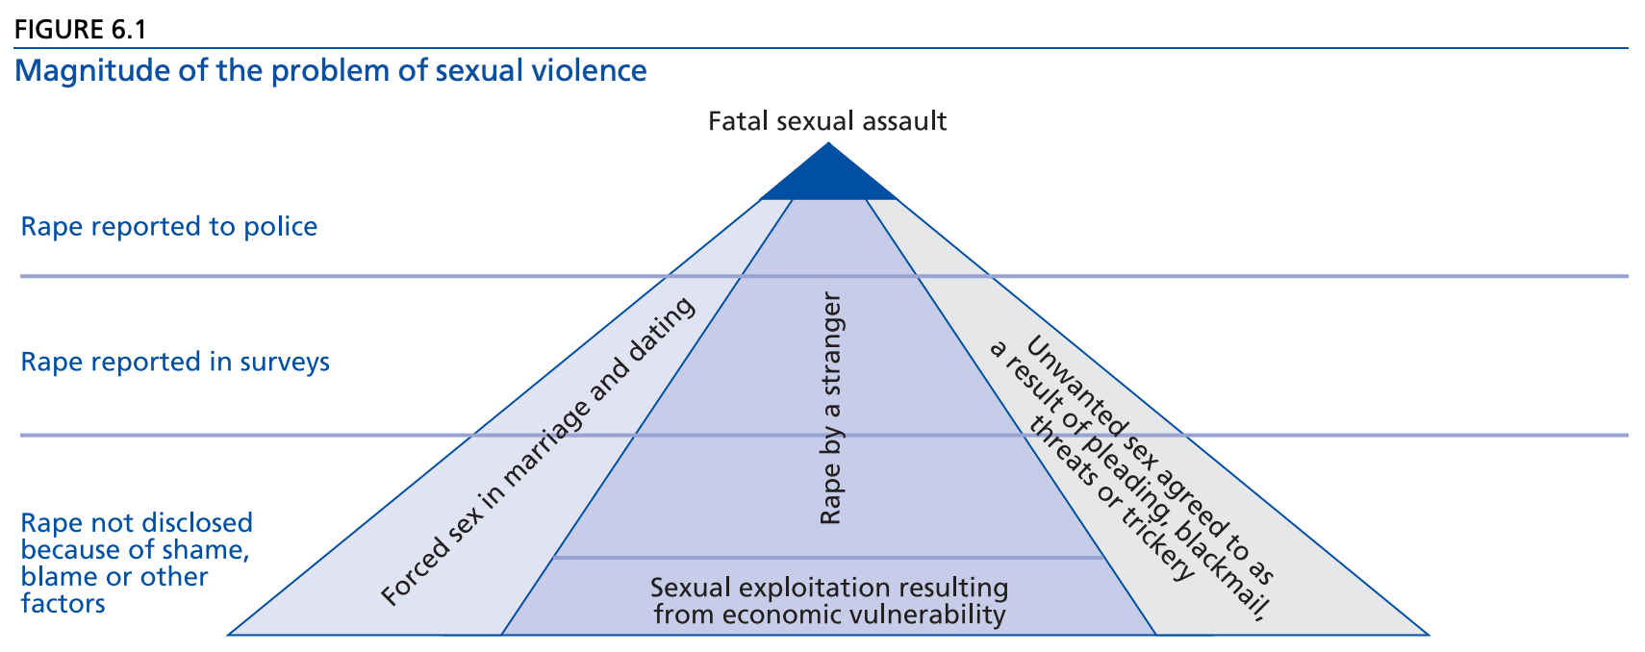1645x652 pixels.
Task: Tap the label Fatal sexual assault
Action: [x=827, y=121]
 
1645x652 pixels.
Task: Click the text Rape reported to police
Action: [x=169, y=227]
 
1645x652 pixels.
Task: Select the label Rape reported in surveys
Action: [x=175, y=363]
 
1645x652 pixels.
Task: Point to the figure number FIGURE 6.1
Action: [x=80, y=29]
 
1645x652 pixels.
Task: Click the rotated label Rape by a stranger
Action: [x=830, y=409]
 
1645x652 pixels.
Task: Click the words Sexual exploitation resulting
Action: [x=829, y=588]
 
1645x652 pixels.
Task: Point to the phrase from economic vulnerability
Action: [x=829, y=614]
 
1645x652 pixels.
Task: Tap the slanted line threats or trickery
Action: [x=1111, y=500]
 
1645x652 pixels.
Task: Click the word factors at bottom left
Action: [x=63, y=604]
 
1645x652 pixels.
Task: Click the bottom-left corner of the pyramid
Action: [x=229, y=634]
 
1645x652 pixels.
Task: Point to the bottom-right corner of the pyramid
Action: [x=1429, y=634]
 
